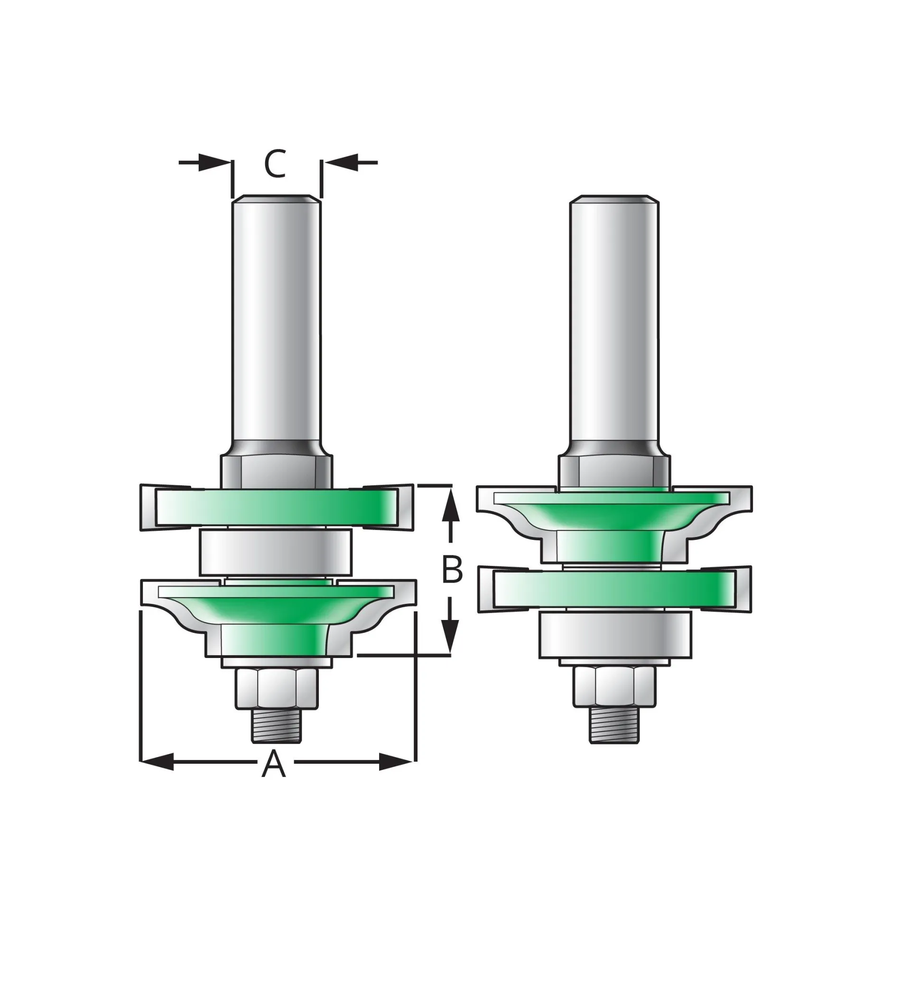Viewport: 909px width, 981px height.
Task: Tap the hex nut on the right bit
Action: click(x=615, y=686)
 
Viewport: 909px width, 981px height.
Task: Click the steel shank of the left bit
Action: click(x=276, y=320)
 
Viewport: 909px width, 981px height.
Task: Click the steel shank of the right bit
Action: click(x=614, y=320)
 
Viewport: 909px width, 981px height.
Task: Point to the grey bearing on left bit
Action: click(x=276, y=552)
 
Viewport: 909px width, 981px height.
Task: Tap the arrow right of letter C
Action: click(x=342, y=162)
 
